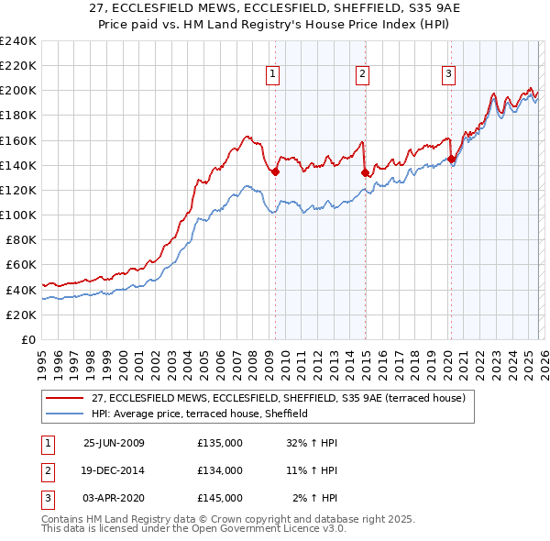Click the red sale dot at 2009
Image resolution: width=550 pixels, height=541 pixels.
[x=275, y=171]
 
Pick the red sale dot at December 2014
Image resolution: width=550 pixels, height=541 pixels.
[x=365, y=172]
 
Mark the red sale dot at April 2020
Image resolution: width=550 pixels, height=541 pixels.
[x=451, y=159]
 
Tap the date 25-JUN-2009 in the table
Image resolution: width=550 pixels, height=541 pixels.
[x=114, y=443]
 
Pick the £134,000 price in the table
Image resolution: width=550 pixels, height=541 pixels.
[x=220, y=470]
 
